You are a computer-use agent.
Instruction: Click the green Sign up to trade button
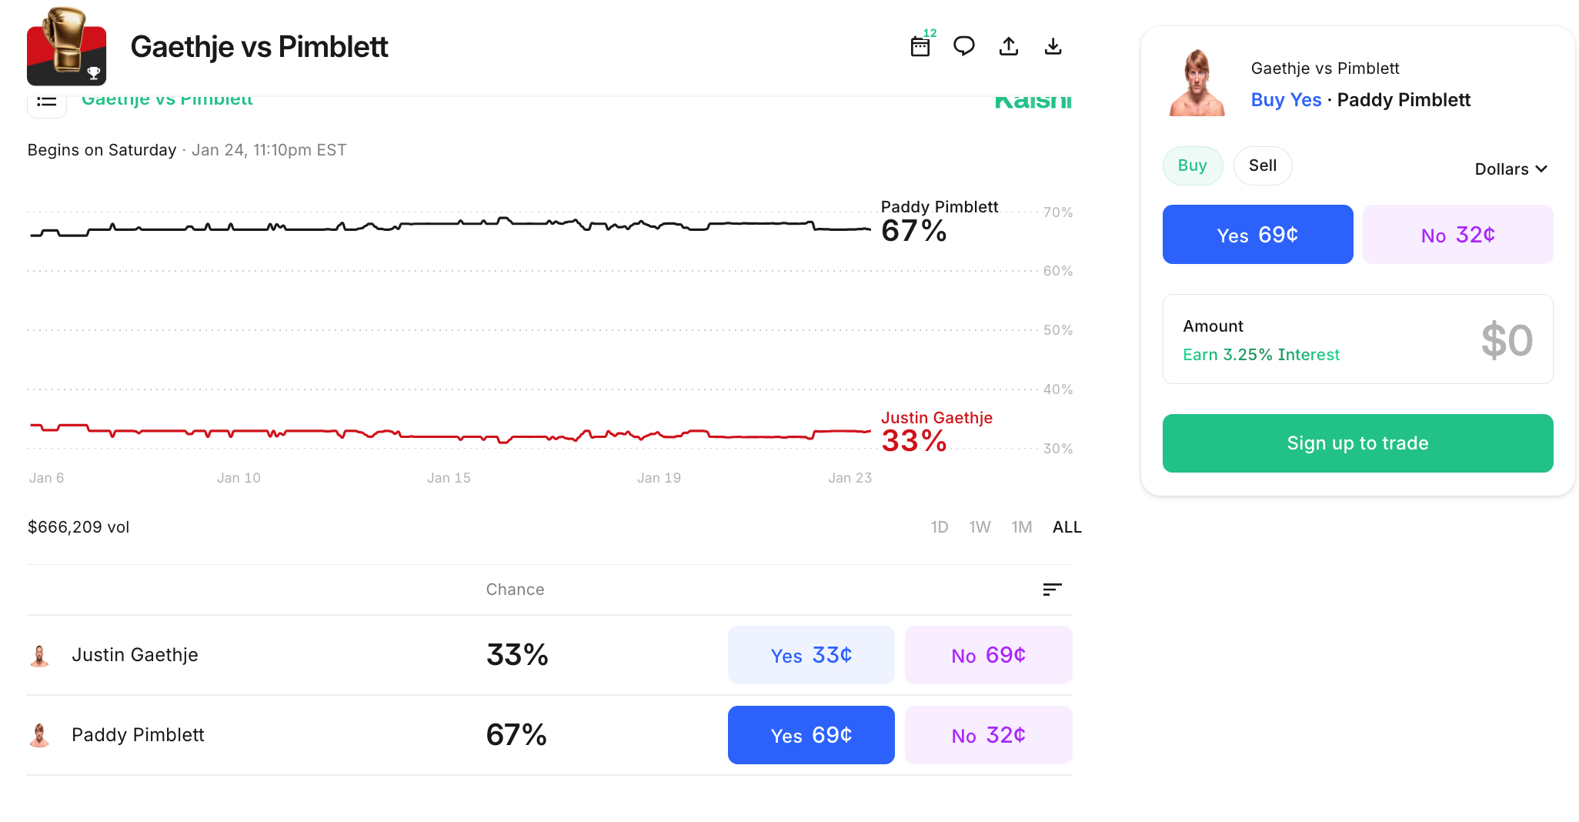click(1357, 443)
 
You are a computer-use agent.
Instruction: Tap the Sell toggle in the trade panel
click(1262, 165)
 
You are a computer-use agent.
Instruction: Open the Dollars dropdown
click(1511, 169)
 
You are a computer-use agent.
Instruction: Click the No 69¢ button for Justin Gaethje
click(988, 655)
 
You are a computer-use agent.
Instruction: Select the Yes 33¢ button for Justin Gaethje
click(811, 655)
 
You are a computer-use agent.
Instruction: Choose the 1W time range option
click(980, 527)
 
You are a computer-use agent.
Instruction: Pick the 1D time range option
click(940, 527)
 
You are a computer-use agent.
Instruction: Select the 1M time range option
click(1022, 527)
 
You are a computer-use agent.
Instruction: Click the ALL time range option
click(1067, 527)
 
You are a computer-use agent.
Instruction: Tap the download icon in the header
click(1053, 47)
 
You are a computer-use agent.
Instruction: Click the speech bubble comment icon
click(963, 47)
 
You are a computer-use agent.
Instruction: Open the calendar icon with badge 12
click(920, 47)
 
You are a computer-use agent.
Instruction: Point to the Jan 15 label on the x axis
click(449, 478)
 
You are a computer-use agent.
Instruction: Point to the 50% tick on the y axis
click(1057, 330)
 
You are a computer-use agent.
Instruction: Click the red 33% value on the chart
click(913, 441)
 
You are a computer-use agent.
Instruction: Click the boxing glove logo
click(66, 46)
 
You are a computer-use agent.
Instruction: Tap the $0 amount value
click(1506, 340)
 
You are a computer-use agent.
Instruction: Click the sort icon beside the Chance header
click(1052, 590)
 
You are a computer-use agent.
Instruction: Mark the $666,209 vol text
click(78, 527)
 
